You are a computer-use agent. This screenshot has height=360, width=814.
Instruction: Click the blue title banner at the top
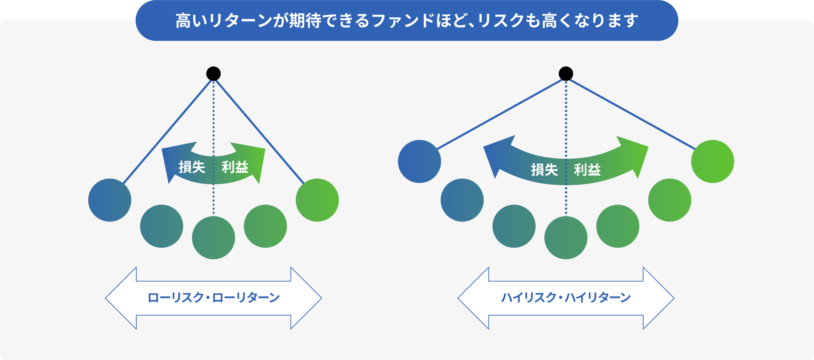(x=407, y=20)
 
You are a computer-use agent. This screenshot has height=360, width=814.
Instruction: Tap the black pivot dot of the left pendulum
(x=213, y=74)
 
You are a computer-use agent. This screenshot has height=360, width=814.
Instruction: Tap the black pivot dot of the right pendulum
(x=566, y=74)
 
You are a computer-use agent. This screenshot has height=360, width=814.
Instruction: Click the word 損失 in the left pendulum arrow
(x=192, y=167)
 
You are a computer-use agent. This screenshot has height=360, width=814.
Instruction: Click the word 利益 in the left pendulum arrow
(x=235, y=167)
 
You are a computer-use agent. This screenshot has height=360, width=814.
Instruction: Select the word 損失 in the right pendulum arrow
(x=544, y=170)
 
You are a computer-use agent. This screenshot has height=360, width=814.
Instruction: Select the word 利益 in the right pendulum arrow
(x=587, y=170)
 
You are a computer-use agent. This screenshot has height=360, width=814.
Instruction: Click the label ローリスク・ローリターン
(x=213, y=298)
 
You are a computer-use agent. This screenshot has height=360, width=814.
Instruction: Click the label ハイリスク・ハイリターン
(x=566, y=298)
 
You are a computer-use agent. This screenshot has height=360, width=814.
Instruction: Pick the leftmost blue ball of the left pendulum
(x=110, y=200)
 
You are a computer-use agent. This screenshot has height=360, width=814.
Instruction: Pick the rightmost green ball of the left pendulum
(x=317, y=200)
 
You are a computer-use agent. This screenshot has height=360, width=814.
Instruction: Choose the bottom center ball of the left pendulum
(x=213, y=238)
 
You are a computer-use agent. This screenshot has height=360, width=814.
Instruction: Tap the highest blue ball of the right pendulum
(x=420, y=162)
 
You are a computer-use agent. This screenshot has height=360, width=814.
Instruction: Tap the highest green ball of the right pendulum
(x=713, y=162)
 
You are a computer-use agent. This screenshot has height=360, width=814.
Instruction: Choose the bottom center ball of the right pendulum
(x=566, y=238)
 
